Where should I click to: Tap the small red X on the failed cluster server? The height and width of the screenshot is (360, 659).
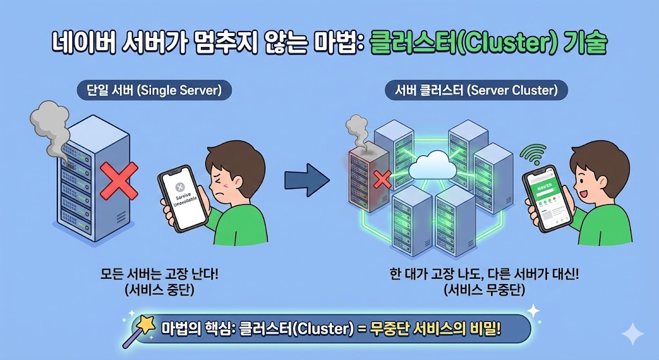coord(382,180)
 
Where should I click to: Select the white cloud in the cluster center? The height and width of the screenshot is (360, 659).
coord(432,166)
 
